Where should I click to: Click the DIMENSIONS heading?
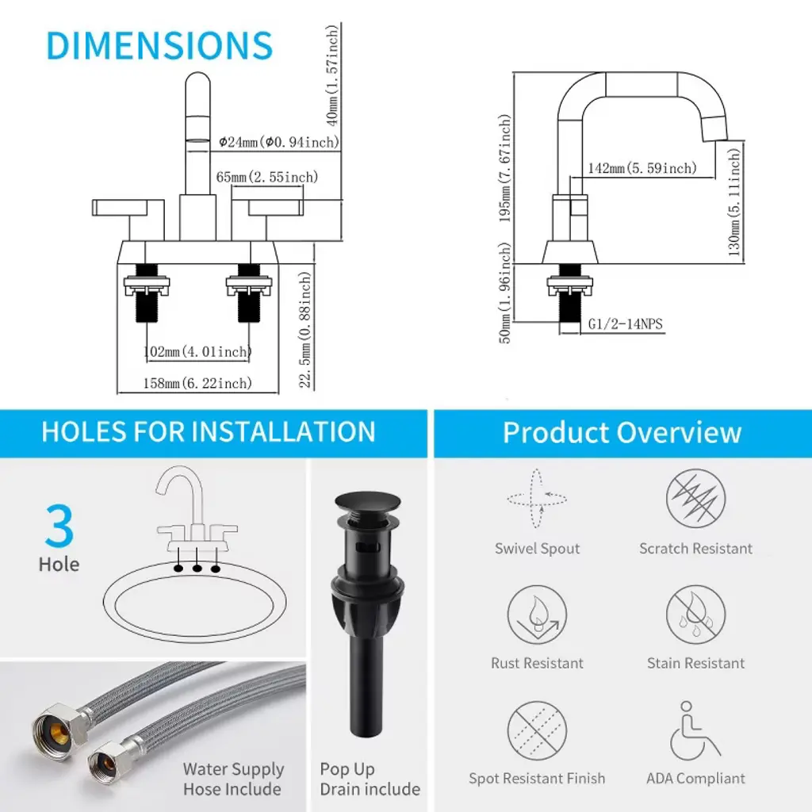point(159,45)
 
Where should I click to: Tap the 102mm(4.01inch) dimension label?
point(197,352)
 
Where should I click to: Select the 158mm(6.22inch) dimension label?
point(197,383)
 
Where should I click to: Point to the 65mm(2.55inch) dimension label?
point(266,177)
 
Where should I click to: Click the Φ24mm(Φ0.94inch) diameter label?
point(278,142)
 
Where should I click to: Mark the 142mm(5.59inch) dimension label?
point(642,168)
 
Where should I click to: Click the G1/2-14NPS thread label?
point(625,324)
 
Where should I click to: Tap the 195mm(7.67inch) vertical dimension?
point(505,168)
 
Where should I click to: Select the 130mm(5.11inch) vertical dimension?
point(734,202)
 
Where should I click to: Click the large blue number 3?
point(59,526)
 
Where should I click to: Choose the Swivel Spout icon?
point(537,499)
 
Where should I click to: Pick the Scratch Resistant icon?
point(695,498)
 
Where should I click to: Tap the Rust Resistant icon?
point(537,615)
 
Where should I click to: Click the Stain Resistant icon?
point(695,615)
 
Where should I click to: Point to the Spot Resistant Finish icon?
point(537,730)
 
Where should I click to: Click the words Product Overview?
point(622,432)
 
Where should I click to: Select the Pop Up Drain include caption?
point(370,779)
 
